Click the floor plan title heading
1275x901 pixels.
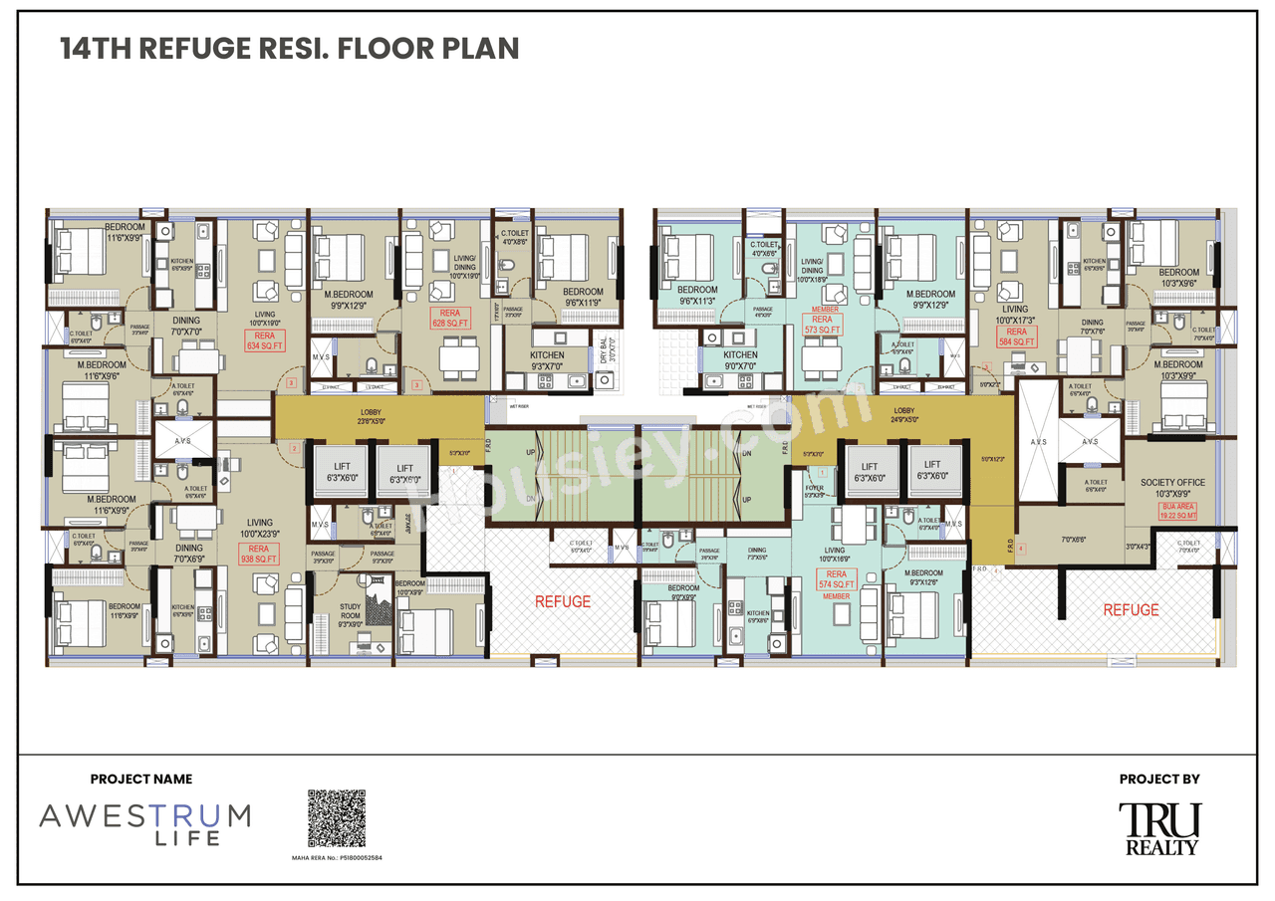point(290,49)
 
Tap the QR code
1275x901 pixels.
point(336,818)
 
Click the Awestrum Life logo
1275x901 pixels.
point(144,823)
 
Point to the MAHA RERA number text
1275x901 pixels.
point(336,856)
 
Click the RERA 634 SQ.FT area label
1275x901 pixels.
point(264,341)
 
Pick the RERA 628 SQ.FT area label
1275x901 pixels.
point(448,318)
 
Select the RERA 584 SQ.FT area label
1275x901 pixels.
point(1015,337)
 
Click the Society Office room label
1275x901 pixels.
point(1172,488)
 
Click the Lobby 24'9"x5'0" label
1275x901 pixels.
point(903,414)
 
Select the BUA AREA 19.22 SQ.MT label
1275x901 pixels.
point(1178,512)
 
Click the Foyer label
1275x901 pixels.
point(815,489)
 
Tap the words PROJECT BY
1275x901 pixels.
point(1158,780)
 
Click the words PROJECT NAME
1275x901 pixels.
point(141,780)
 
